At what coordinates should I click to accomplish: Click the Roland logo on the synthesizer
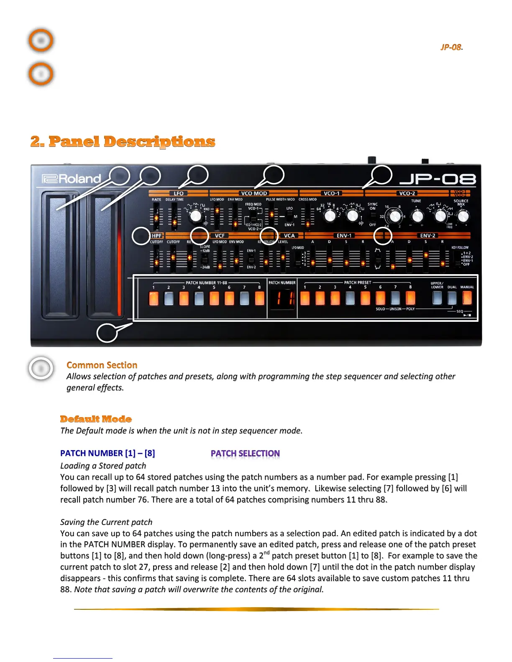tap(72, 179)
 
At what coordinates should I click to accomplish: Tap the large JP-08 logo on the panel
tap(438, 179)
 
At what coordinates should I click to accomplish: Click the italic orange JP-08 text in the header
tap(451, 47)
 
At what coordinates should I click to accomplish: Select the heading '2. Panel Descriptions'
tap(123, 142)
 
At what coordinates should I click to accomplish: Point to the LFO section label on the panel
tap(179, 194)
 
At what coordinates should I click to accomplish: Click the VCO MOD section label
tap(254, 194)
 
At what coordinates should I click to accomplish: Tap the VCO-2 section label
tap(407, 194)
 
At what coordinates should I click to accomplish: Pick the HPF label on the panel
tap(156, 236)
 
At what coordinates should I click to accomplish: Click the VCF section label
tap(220, 236)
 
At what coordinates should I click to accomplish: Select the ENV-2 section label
tap(428, 236)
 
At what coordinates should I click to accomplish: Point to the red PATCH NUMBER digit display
tap(282, 298)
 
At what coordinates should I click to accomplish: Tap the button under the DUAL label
tap(452, 298)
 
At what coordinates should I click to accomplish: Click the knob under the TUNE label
tap(417, 216)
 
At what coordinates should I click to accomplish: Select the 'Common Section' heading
tap(102, 365)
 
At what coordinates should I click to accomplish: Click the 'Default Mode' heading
tap(96, 419)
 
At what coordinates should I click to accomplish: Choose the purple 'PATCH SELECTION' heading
tap(245, 453)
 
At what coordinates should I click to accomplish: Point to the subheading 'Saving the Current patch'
tap(106, 522)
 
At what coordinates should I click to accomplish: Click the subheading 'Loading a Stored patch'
tap(103, 466)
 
